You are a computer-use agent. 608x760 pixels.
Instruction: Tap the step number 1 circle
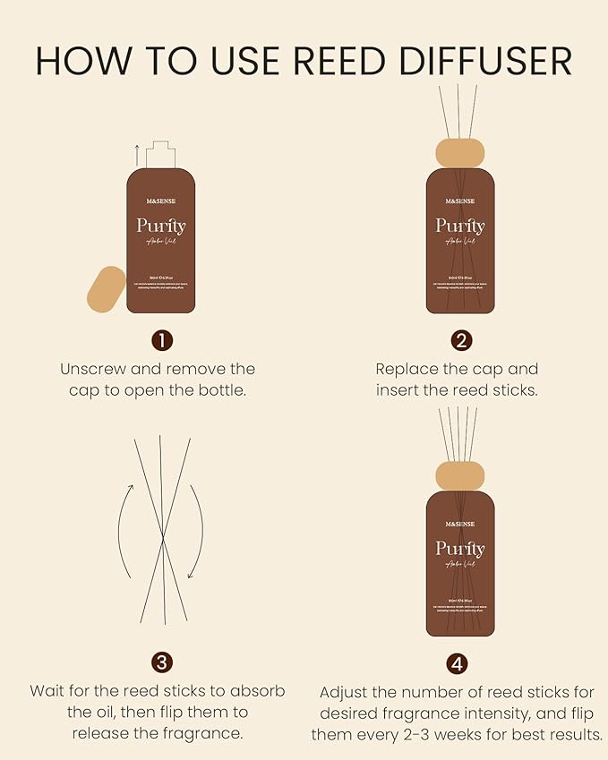tap(161, 340)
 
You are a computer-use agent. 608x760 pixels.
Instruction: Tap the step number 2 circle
tap(461, 340)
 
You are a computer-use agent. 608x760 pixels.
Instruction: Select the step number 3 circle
tap(161, 662)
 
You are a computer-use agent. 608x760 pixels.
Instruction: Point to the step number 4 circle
tap(458, 664)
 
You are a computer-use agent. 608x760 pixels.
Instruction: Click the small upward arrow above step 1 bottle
tap(136, 151)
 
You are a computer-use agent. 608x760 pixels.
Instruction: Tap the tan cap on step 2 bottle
tap(459, 152)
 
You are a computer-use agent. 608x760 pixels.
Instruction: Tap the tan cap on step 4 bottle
tap(459, 475)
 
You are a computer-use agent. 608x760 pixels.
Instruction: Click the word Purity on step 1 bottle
tap(161, 226)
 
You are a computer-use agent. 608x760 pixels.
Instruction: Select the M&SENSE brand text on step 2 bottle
tap(459, 201)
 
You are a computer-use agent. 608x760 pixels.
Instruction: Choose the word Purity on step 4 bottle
tap(459, 548)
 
